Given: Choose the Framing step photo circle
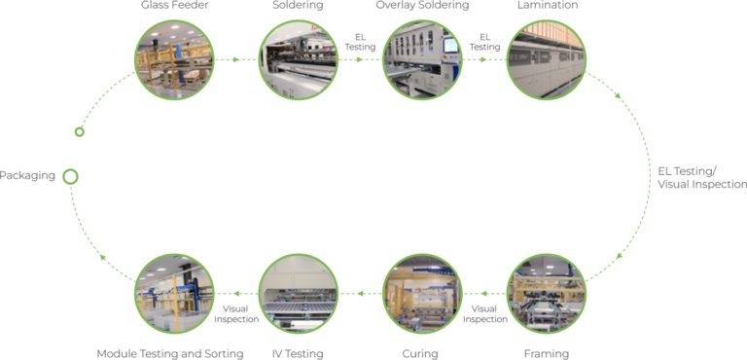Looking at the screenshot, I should pyautogui.click(x=547, y=293).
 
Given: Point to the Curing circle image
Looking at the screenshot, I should pyautogui.click(x=422, y=293).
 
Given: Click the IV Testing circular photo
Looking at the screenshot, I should pyautogui.click(x=299, y=293).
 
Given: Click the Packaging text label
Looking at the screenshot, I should pyautogui.click(x=27, y=176).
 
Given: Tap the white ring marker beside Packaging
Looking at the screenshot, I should pyautogui.click(x=70, y=176).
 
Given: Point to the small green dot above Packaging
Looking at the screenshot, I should pyautogui.click(x=80, y=131).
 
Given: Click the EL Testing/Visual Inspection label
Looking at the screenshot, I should pyautogui.click(x=700, y=177).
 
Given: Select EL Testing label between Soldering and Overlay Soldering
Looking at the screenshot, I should pyautogui.click(x=360, y=42).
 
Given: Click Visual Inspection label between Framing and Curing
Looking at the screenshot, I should pyautogui.click(x=484, y=312).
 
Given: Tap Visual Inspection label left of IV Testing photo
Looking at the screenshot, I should pyautogui.click(x=236, y=312).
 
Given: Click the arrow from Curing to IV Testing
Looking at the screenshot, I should pyautogui.click(x=360, y=293).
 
